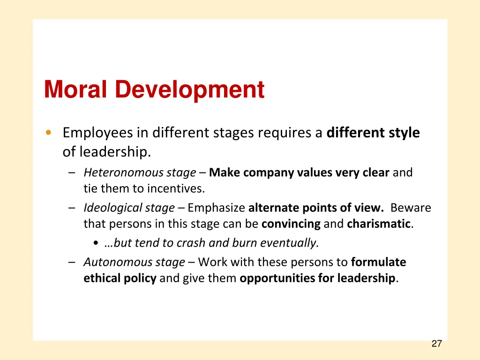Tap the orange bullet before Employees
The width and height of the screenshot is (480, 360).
click(x=49, y=133)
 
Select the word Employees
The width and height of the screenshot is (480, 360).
click(x=97, y=133)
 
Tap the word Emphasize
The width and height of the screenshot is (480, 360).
click(x=216, y=208)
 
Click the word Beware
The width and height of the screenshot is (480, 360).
click(x=410, y=208)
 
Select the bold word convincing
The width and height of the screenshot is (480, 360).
click(x=291, y=224)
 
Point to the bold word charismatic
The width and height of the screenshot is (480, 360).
click(x=379, y=224)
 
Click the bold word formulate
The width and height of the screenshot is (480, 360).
click(x=378, y=262)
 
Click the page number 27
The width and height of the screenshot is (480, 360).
click(x=436, y=344)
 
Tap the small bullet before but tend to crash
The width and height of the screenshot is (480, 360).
click(x=96, y=243)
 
